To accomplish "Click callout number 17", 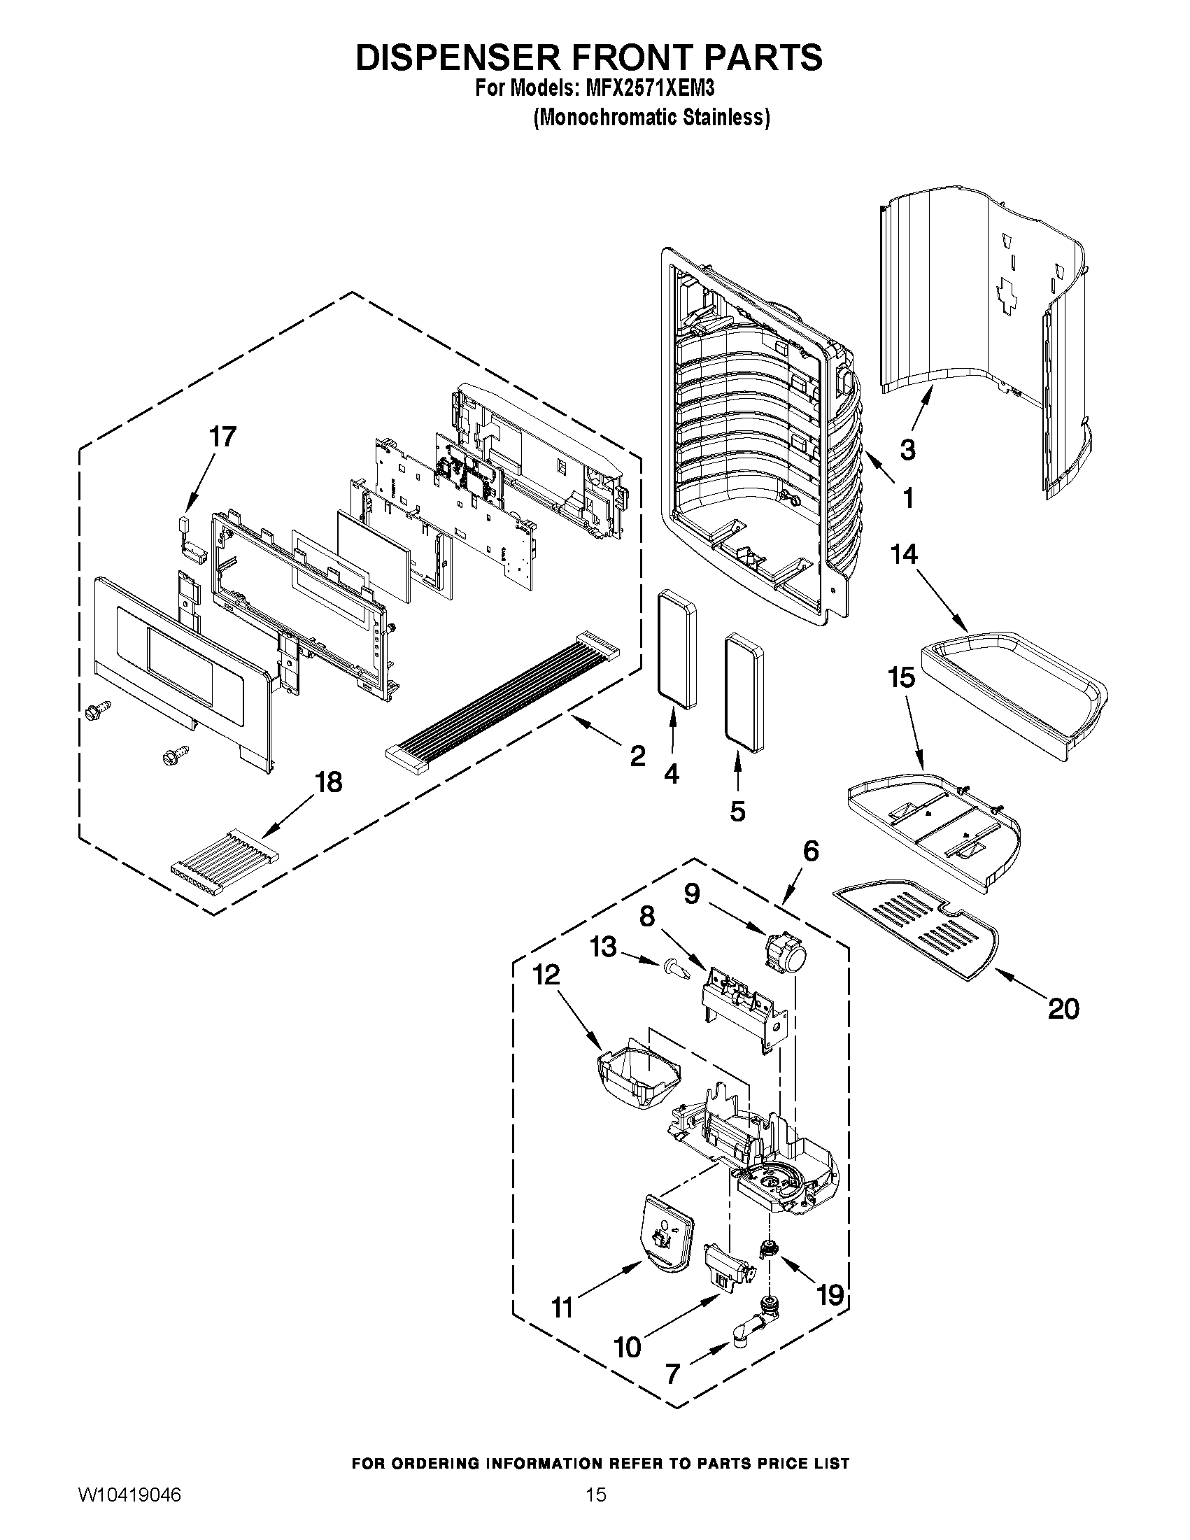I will click(x=222, y=437).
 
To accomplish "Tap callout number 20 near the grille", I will click(x=1063, y=1009).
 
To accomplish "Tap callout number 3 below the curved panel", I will click(x=908, y=448).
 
